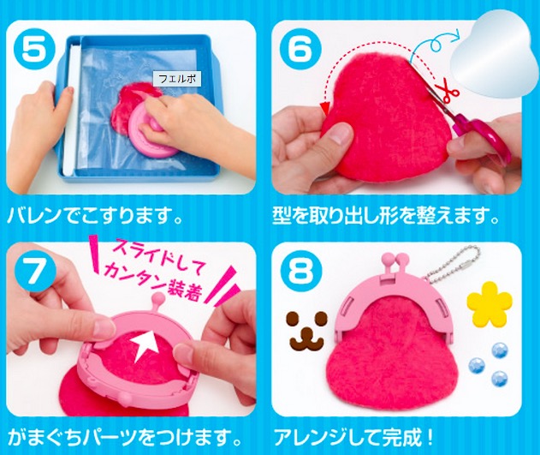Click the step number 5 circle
click(33, 48)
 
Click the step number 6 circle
click(300, 48)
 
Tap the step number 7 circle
click(33, 271)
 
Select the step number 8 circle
click(300, 271)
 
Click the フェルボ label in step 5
click(177, 79)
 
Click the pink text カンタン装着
click(155, 279)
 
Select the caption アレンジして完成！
click(353, 438)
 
